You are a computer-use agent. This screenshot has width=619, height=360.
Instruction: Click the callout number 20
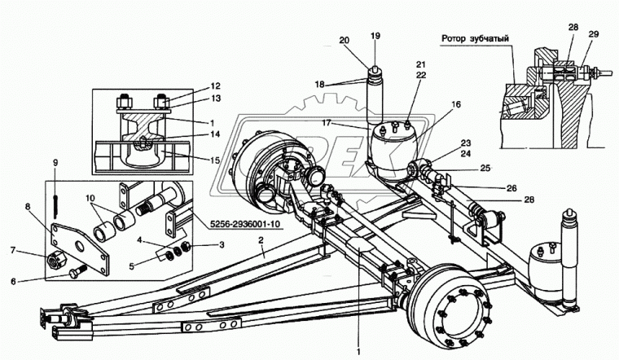pyautogui.click(x=343, y=38)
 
